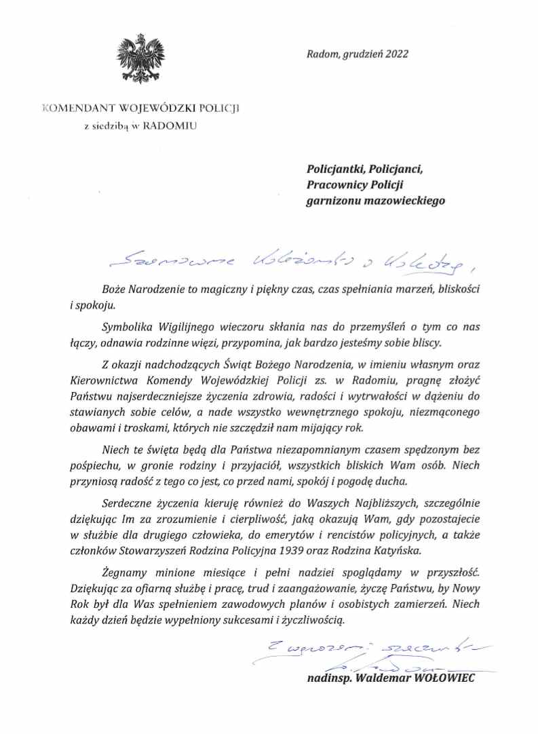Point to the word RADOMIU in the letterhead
click(174, 125)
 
